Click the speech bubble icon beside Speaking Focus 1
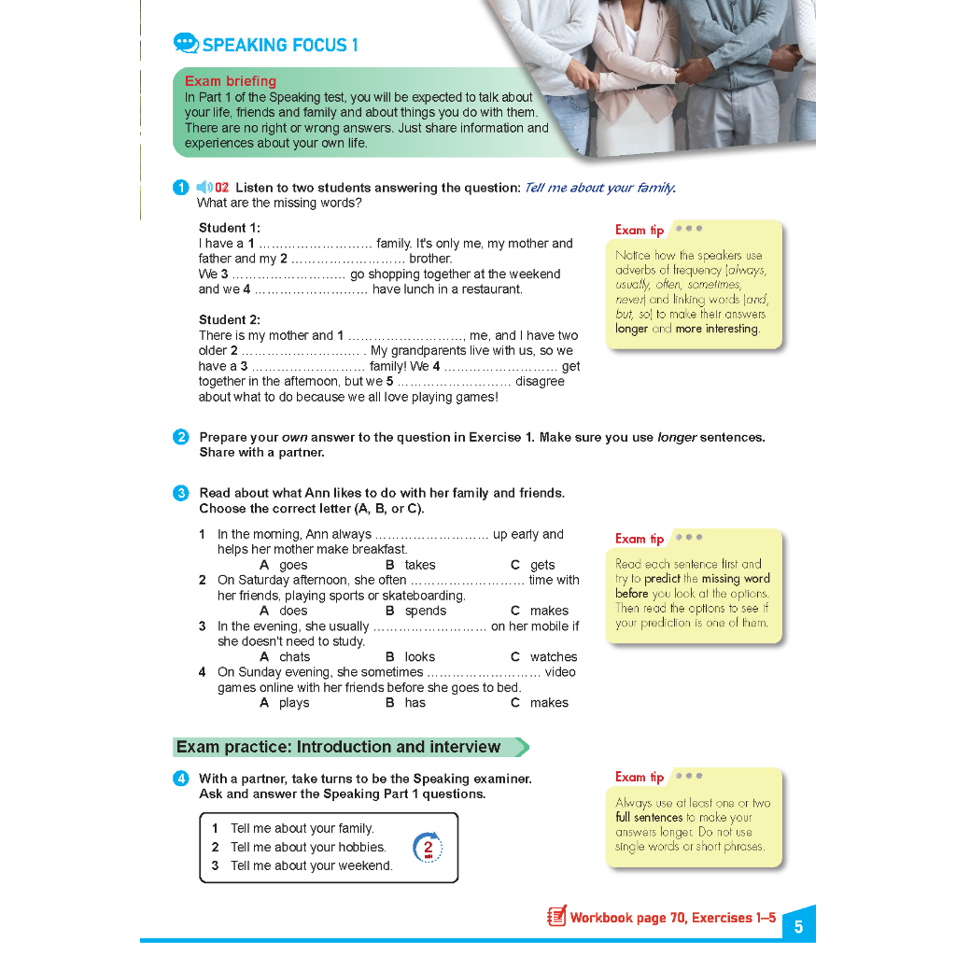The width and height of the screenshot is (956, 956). point(186,44)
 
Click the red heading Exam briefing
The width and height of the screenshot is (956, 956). point(230,81)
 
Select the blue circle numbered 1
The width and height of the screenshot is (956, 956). point(181,188)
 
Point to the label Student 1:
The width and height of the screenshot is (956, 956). point(229,228)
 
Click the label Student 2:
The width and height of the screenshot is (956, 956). point(229,320)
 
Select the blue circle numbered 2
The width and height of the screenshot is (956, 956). point(181,437)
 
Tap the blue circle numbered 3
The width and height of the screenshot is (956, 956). point(181,493)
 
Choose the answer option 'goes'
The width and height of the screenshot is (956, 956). point(293,565)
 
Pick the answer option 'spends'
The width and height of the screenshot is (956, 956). point(426,611)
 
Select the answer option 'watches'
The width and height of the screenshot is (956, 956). point(554,657)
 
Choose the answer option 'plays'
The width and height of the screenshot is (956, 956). point(294,703)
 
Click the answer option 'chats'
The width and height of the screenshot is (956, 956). point(294,657)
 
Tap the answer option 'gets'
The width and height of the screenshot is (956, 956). point(542,565)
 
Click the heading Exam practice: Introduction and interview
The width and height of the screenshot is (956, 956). point(339,747)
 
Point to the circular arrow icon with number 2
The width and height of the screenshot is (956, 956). point(428,848)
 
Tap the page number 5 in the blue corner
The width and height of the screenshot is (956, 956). point(798,927)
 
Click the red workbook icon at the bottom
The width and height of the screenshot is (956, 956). point(556,917)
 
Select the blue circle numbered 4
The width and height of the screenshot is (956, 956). point(181,779)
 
